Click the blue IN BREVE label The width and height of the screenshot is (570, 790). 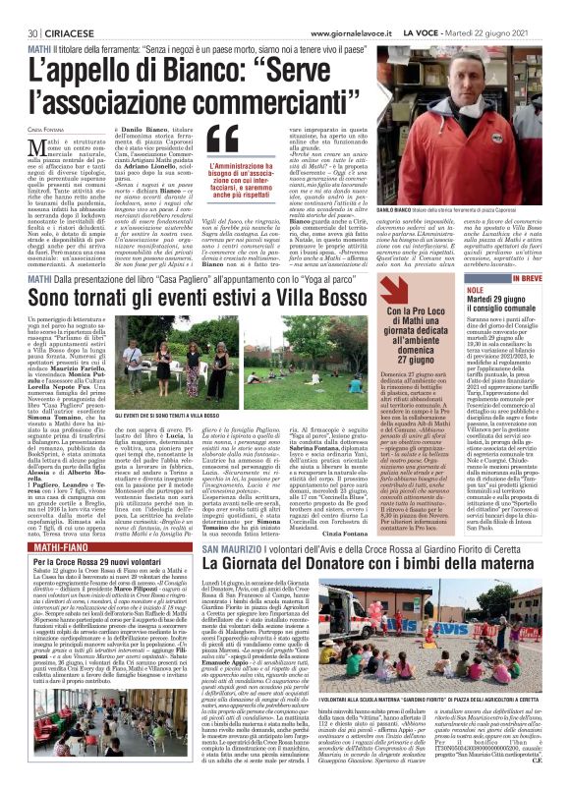[537, 252]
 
